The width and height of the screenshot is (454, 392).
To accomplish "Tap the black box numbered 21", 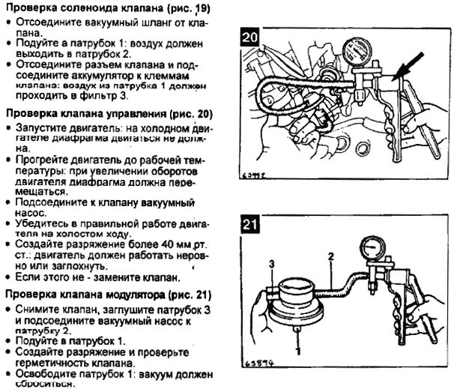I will (x=252, y=224).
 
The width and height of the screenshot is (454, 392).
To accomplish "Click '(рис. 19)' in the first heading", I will (x=184, y=9).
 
